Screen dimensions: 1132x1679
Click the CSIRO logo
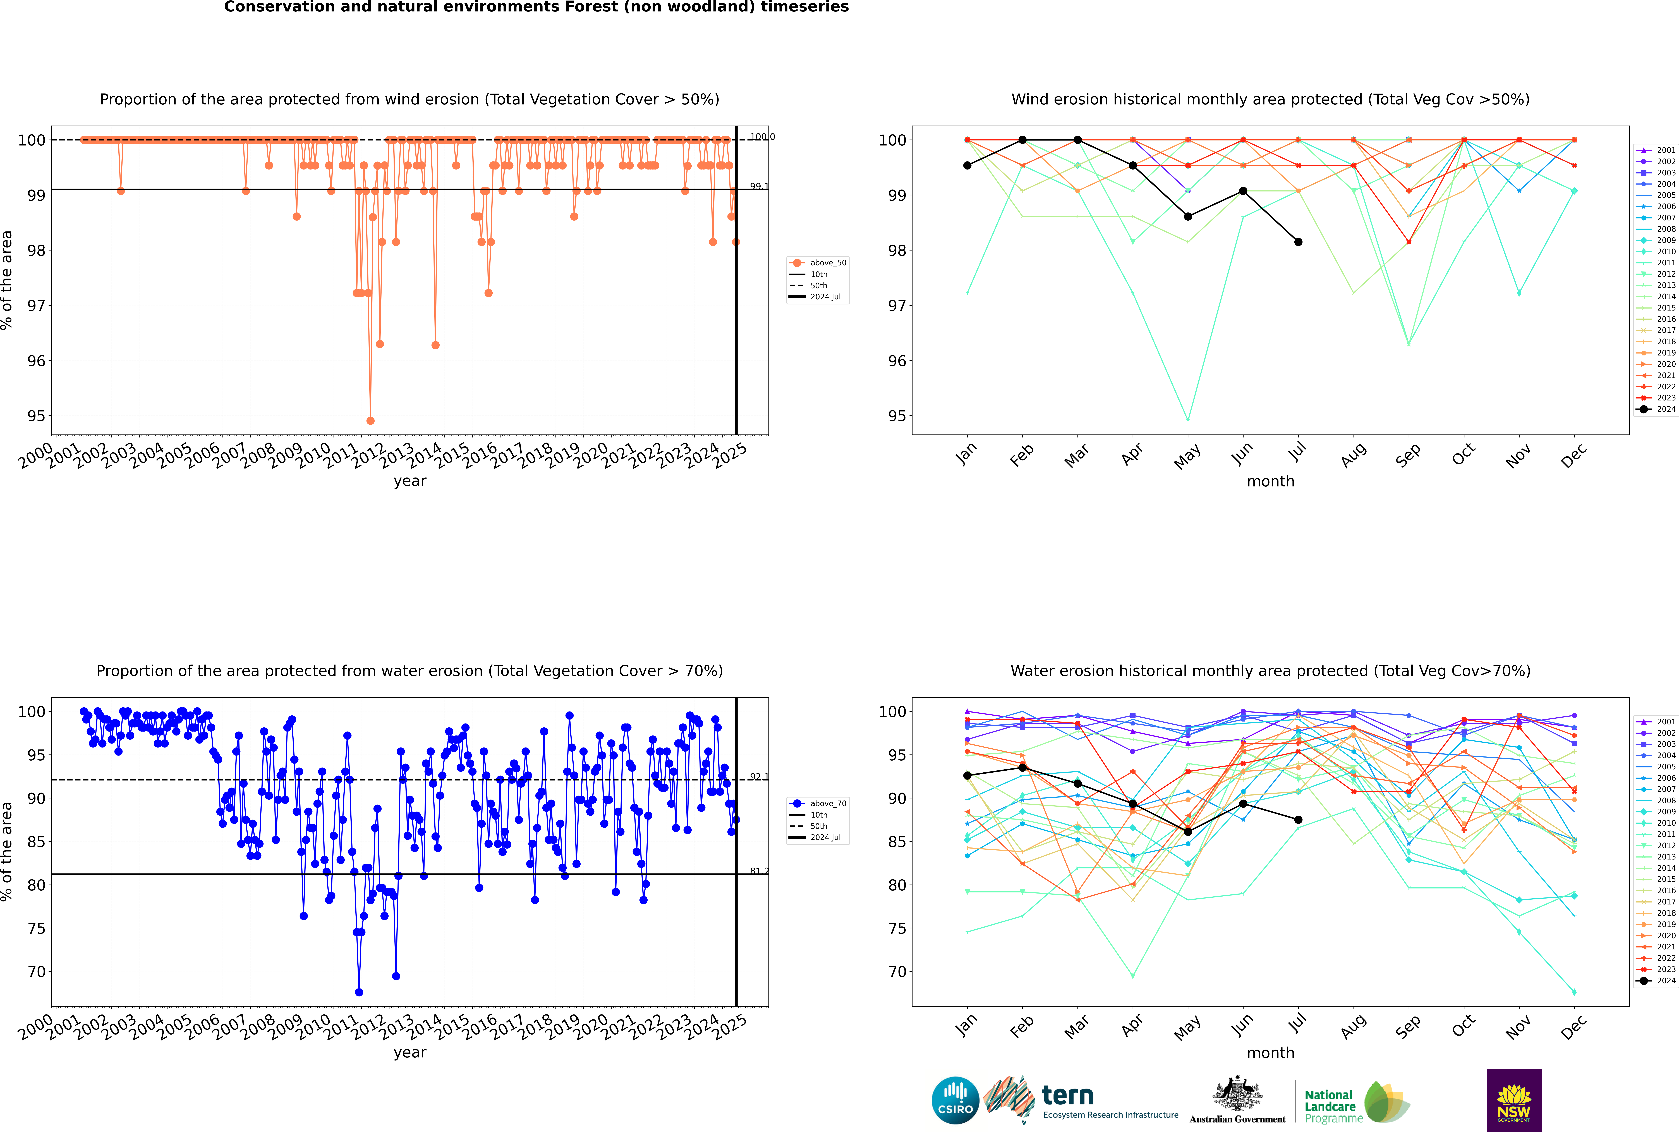[955, 1100]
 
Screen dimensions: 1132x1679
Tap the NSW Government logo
[1514, 1100]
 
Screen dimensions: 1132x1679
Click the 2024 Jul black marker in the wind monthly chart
[1298, 242]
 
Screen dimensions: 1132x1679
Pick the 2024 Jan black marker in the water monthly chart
[967, 775]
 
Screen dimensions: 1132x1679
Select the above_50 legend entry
[827, 263]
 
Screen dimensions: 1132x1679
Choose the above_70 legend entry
[827, 804]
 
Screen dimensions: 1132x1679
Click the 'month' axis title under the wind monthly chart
[1270, 482]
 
